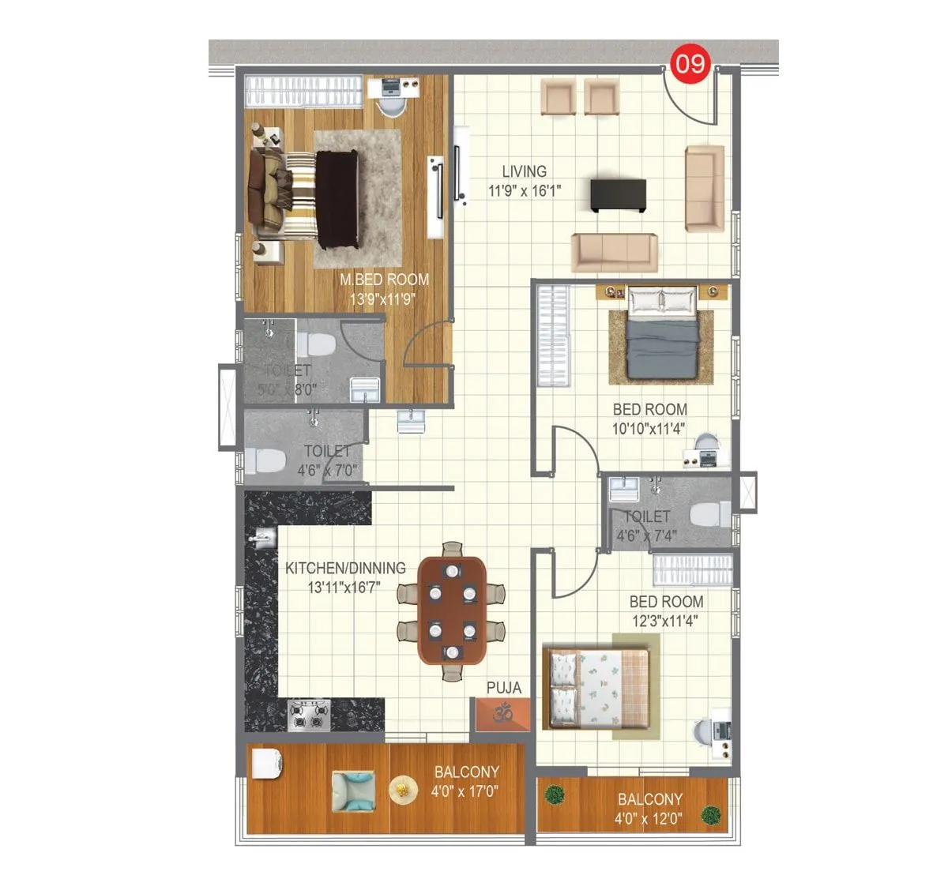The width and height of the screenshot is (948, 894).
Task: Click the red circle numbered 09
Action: [690, 63]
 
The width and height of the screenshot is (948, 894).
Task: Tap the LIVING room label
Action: [524, 171]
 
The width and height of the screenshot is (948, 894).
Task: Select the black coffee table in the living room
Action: [618, 194]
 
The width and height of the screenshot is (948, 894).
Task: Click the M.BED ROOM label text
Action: [384, 280]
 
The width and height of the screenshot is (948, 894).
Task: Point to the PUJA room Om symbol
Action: [503, 714]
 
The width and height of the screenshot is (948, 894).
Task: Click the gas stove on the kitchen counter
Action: [309, 715]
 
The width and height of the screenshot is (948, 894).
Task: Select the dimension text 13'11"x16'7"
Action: [344, 588]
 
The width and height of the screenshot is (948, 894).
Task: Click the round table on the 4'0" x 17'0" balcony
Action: [403, 790]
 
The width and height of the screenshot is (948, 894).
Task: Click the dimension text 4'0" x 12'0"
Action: [648, 819]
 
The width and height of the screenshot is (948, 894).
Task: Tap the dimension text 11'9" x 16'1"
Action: [524, 190]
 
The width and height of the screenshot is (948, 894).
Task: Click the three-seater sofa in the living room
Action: [614, 252]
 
